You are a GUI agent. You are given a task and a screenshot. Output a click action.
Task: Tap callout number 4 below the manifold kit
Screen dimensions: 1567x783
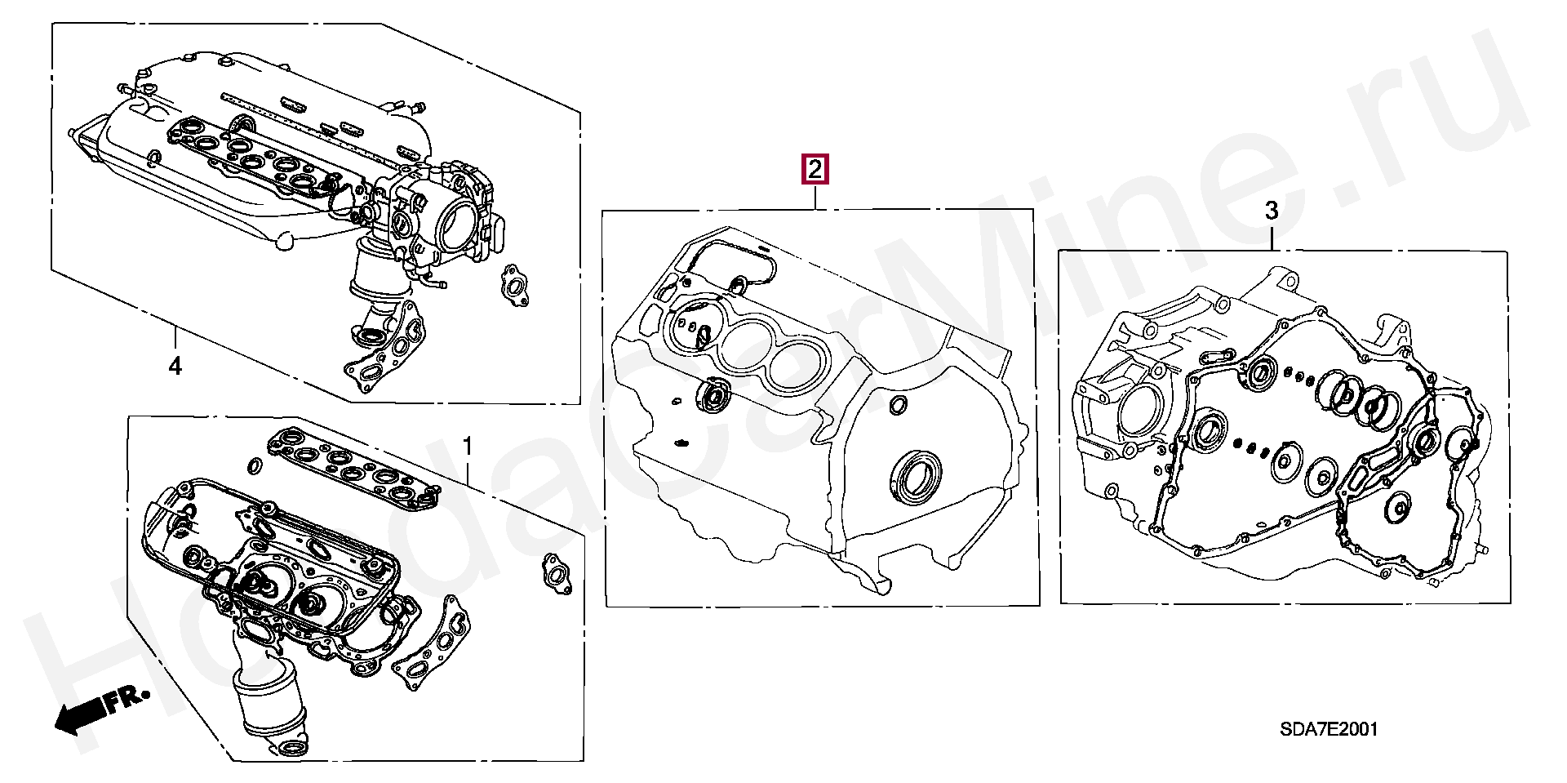[175, 367]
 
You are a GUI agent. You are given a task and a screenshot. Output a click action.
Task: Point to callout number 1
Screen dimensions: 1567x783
[467, 447]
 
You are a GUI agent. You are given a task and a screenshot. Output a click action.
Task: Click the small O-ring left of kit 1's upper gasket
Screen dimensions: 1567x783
[254, 465]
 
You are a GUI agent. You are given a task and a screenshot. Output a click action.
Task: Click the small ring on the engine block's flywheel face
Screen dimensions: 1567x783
[898, 404]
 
